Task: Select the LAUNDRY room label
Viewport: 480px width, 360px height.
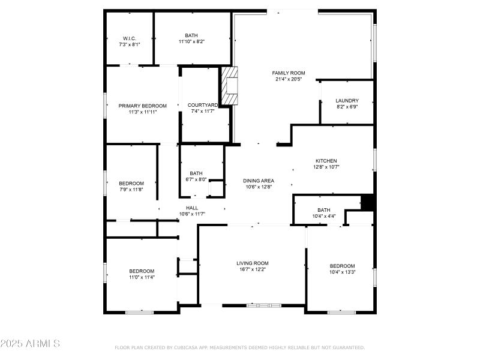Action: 347,101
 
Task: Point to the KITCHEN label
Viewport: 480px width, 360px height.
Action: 326,161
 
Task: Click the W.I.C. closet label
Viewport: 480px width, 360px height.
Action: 130,38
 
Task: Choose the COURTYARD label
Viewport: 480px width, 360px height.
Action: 202,105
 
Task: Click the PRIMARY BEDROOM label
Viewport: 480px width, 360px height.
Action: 142,106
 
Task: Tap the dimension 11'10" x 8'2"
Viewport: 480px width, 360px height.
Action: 191,42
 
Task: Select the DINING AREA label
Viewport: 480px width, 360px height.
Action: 259,181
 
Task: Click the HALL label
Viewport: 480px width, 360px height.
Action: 192,208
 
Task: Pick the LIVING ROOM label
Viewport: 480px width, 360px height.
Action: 252,263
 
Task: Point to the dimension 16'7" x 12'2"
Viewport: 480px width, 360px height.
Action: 252,269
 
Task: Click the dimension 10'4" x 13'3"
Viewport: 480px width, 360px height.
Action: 343,272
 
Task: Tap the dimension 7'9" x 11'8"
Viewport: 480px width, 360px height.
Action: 131,190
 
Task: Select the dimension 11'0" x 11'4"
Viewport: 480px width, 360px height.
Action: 142,277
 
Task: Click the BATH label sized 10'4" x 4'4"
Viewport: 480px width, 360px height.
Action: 324,210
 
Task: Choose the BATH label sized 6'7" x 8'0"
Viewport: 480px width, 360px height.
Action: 196,173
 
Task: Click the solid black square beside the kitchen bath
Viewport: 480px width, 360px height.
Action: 368,202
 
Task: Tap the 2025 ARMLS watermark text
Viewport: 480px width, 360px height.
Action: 30,344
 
